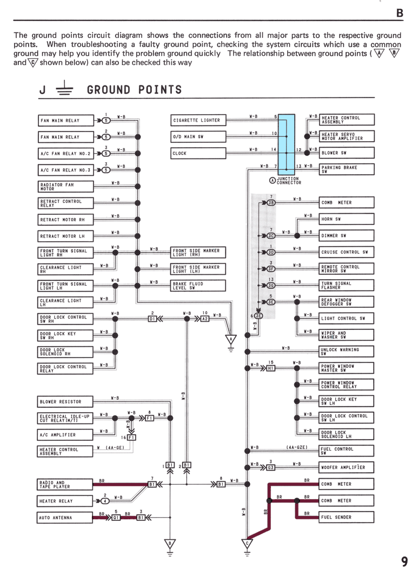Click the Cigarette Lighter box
point(198,120)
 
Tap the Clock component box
point(198,153)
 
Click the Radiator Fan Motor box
point(66,187)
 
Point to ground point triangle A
point(230,340)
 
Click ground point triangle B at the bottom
point(170,544)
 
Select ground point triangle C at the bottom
point(247,544)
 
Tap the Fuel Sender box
point(347,517)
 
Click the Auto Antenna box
point(65,518)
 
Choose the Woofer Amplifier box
point(347,467)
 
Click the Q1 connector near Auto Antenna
point(116,518)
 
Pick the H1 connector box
point(270,368)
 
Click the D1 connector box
point(152,319)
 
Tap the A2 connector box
point(205,319)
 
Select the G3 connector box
point(270,467)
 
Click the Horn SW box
point(347,219)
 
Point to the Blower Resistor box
point(65,401)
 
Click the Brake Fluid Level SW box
point(198,286)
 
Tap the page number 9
point(404,561)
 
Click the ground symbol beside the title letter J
point(64,88)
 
